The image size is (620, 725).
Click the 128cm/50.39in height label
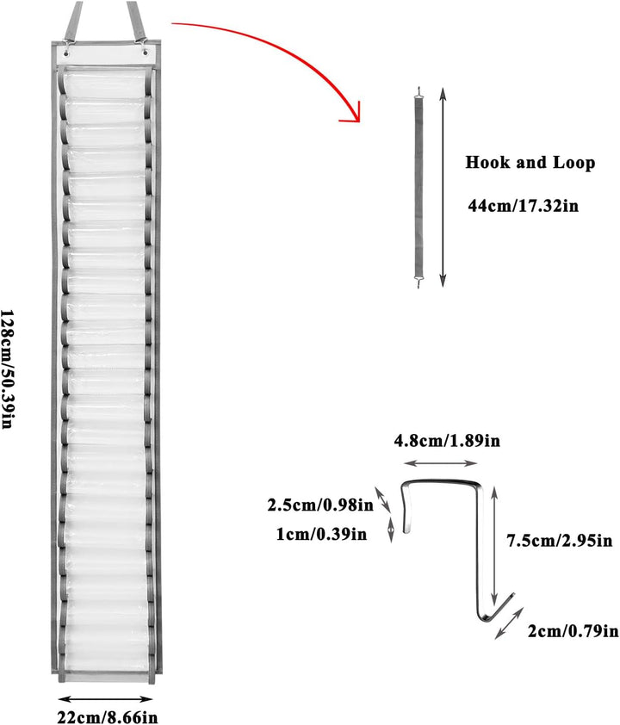coord(7,369)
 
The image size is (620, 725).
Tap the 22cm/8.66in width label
coord(108,717)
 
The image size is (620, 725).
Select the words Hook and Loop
coord(530,163)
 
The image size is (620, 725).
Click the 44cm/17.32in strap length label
coord(523,205)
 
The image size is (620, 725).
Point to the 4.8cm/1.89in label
coord(447,441)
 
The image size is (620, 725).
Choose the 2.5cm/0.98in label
coord(320,505)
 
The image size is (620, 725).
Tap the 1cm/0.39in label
coord(321,534)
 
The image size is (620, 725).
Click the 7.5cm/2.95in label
coord(560,540)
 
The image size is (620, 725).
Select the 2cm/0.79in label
coord(573,630)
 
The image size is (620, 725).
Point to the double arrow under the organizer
coord(106,699)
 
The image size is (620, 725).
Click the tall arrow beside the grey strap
coord(443,187)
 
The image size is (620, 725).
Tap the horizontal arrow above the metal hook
coord(440,463)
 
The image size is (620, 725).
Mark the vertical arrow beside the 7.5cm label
coord(494,544)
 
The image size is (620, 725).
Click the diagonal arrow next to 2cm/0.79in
coord(509,623)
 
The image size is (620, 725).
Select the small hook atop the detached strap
coord(419,91)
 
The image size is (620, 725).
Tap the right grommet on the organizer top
coord(146,53)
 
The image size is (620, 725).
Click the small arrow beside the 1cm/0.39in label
coord(391,530)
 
